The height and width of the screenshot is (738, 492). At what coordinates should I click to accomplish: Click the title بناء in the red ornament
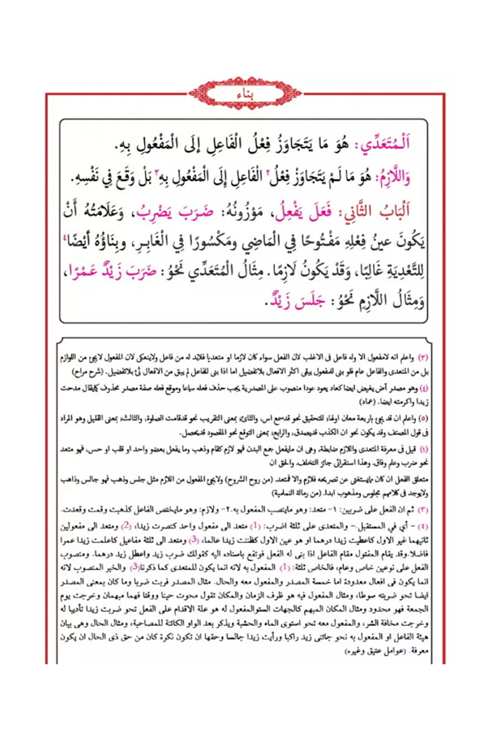tap(245, 95)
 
